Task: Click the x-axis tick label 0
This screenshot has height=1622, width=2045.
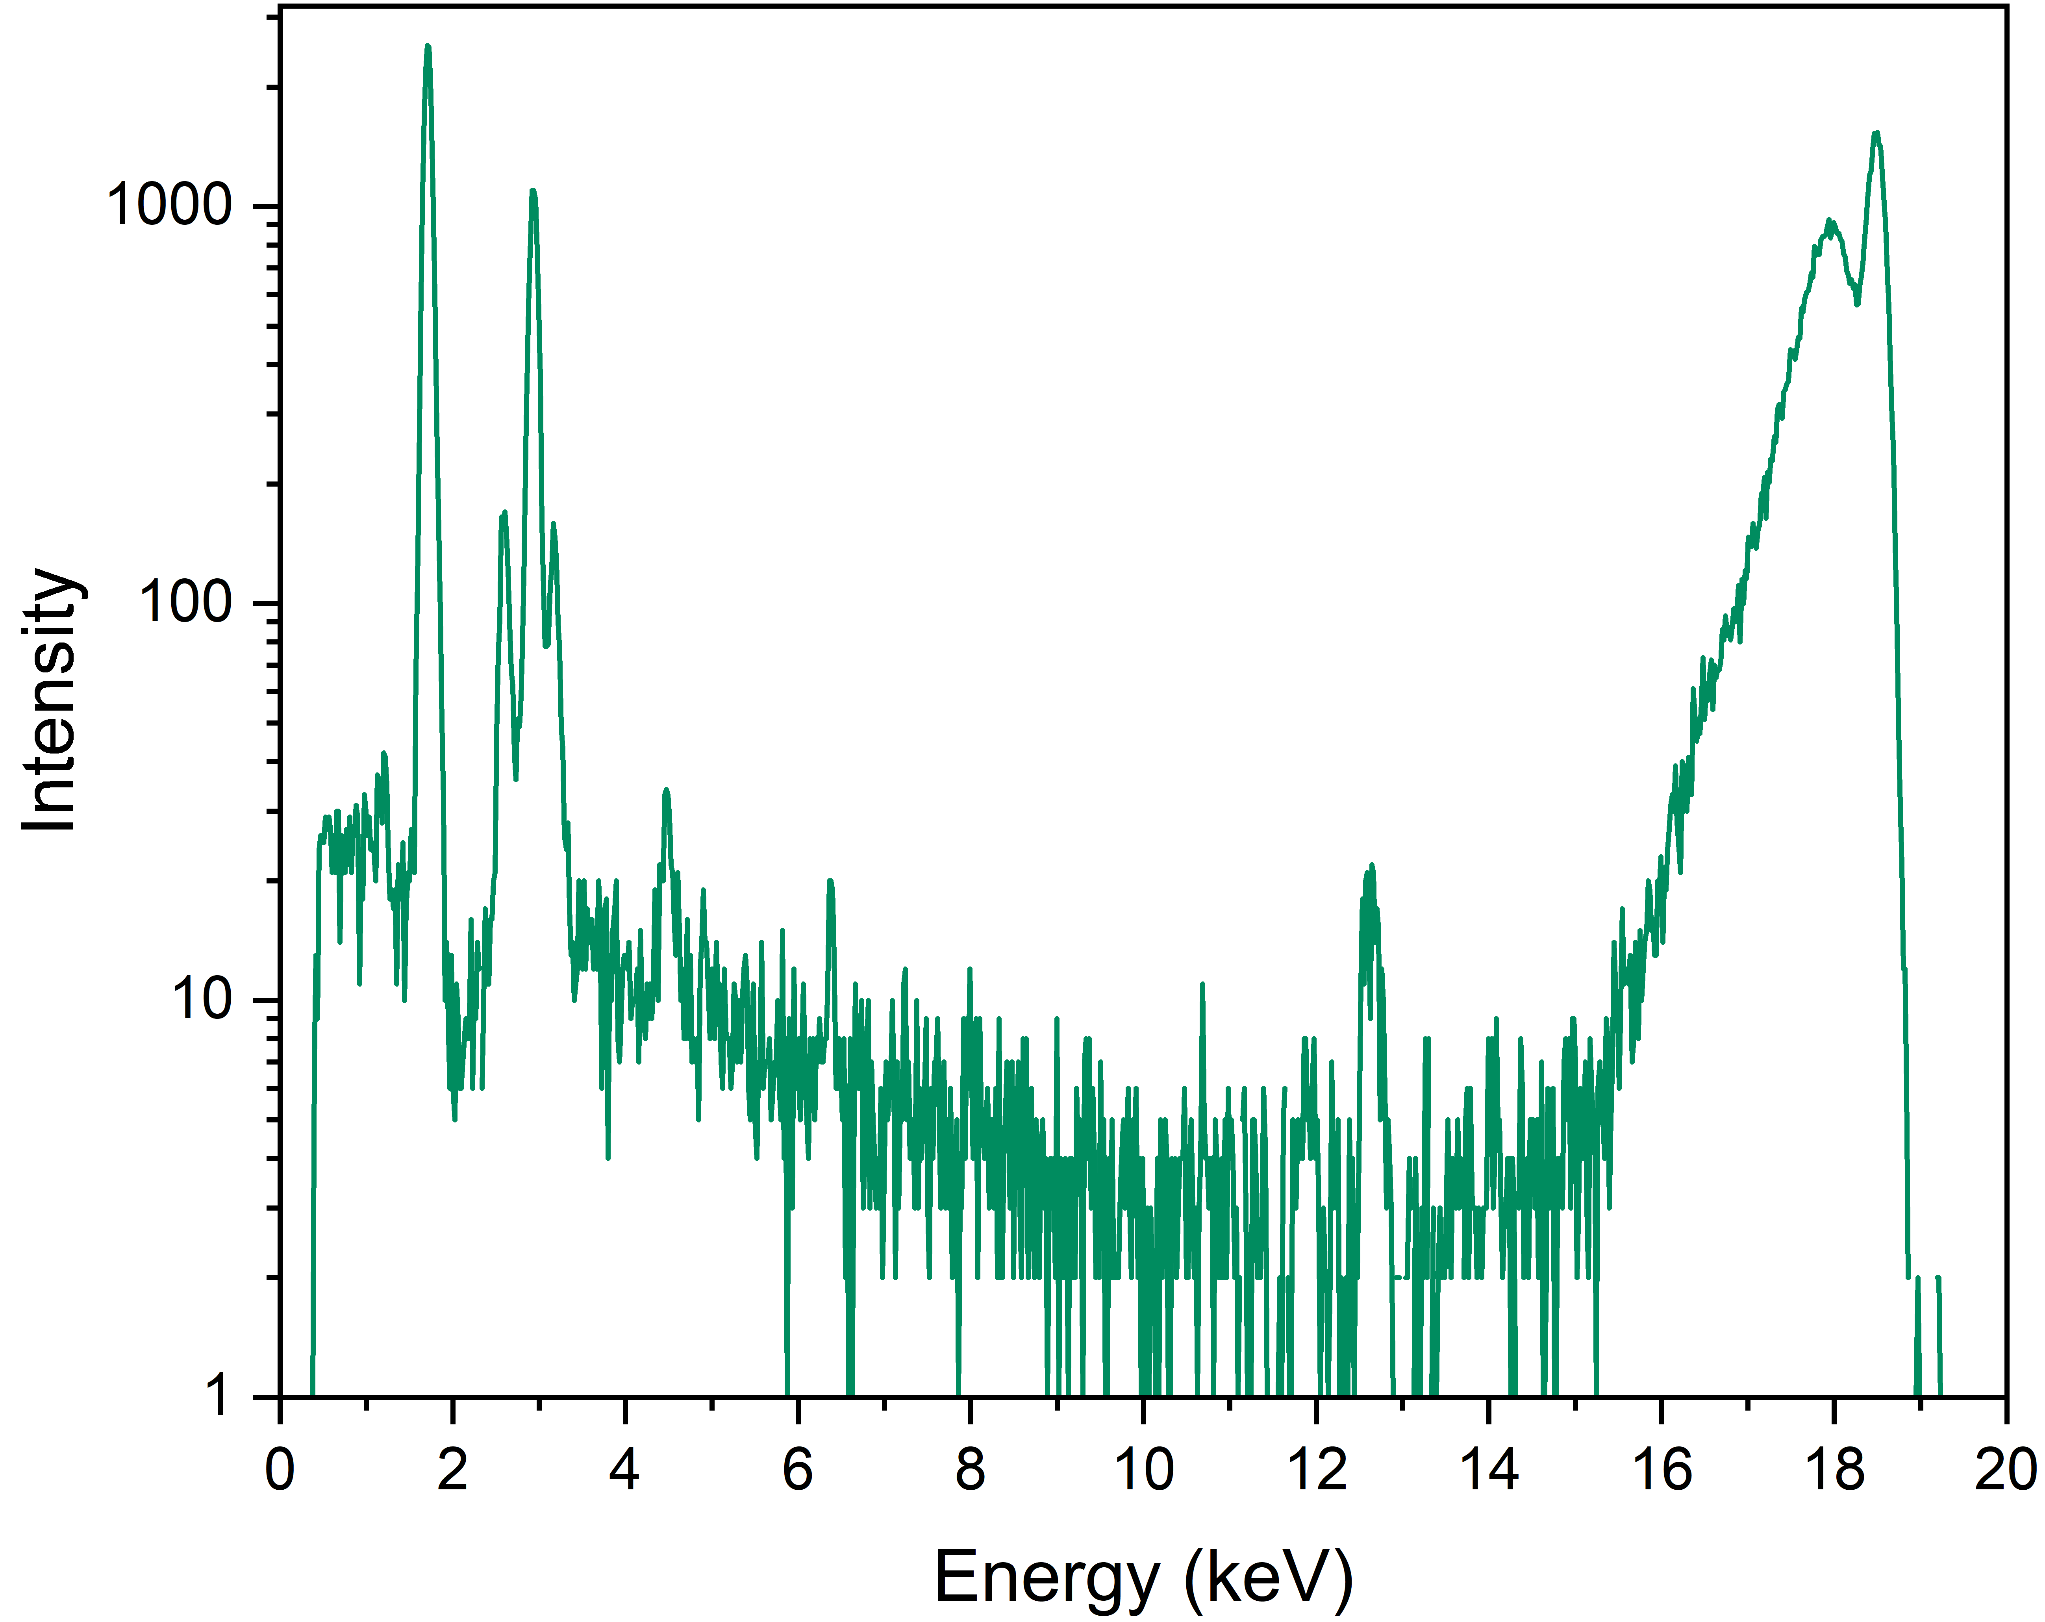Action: pos(280,1471)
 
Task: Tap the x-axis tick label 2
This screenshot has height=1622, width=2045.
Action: pos(452,1471)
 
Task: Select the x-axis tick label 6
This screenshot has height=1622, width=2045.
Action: pos(798,1471)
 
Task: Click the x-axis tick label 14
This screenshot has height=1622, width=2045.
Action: pos(1489,1471)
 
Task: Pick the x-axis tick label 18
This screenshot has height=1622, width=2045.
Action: pos(1834,1471)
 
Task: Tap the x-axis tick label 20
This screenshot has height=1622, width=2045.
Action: pos(2005,1471)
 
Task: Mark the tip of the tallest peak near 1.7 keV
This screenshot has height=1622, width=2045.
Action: pos(428,46)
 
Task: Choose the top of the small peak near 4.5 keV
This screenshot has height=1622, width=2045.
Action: pos(666,789)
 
